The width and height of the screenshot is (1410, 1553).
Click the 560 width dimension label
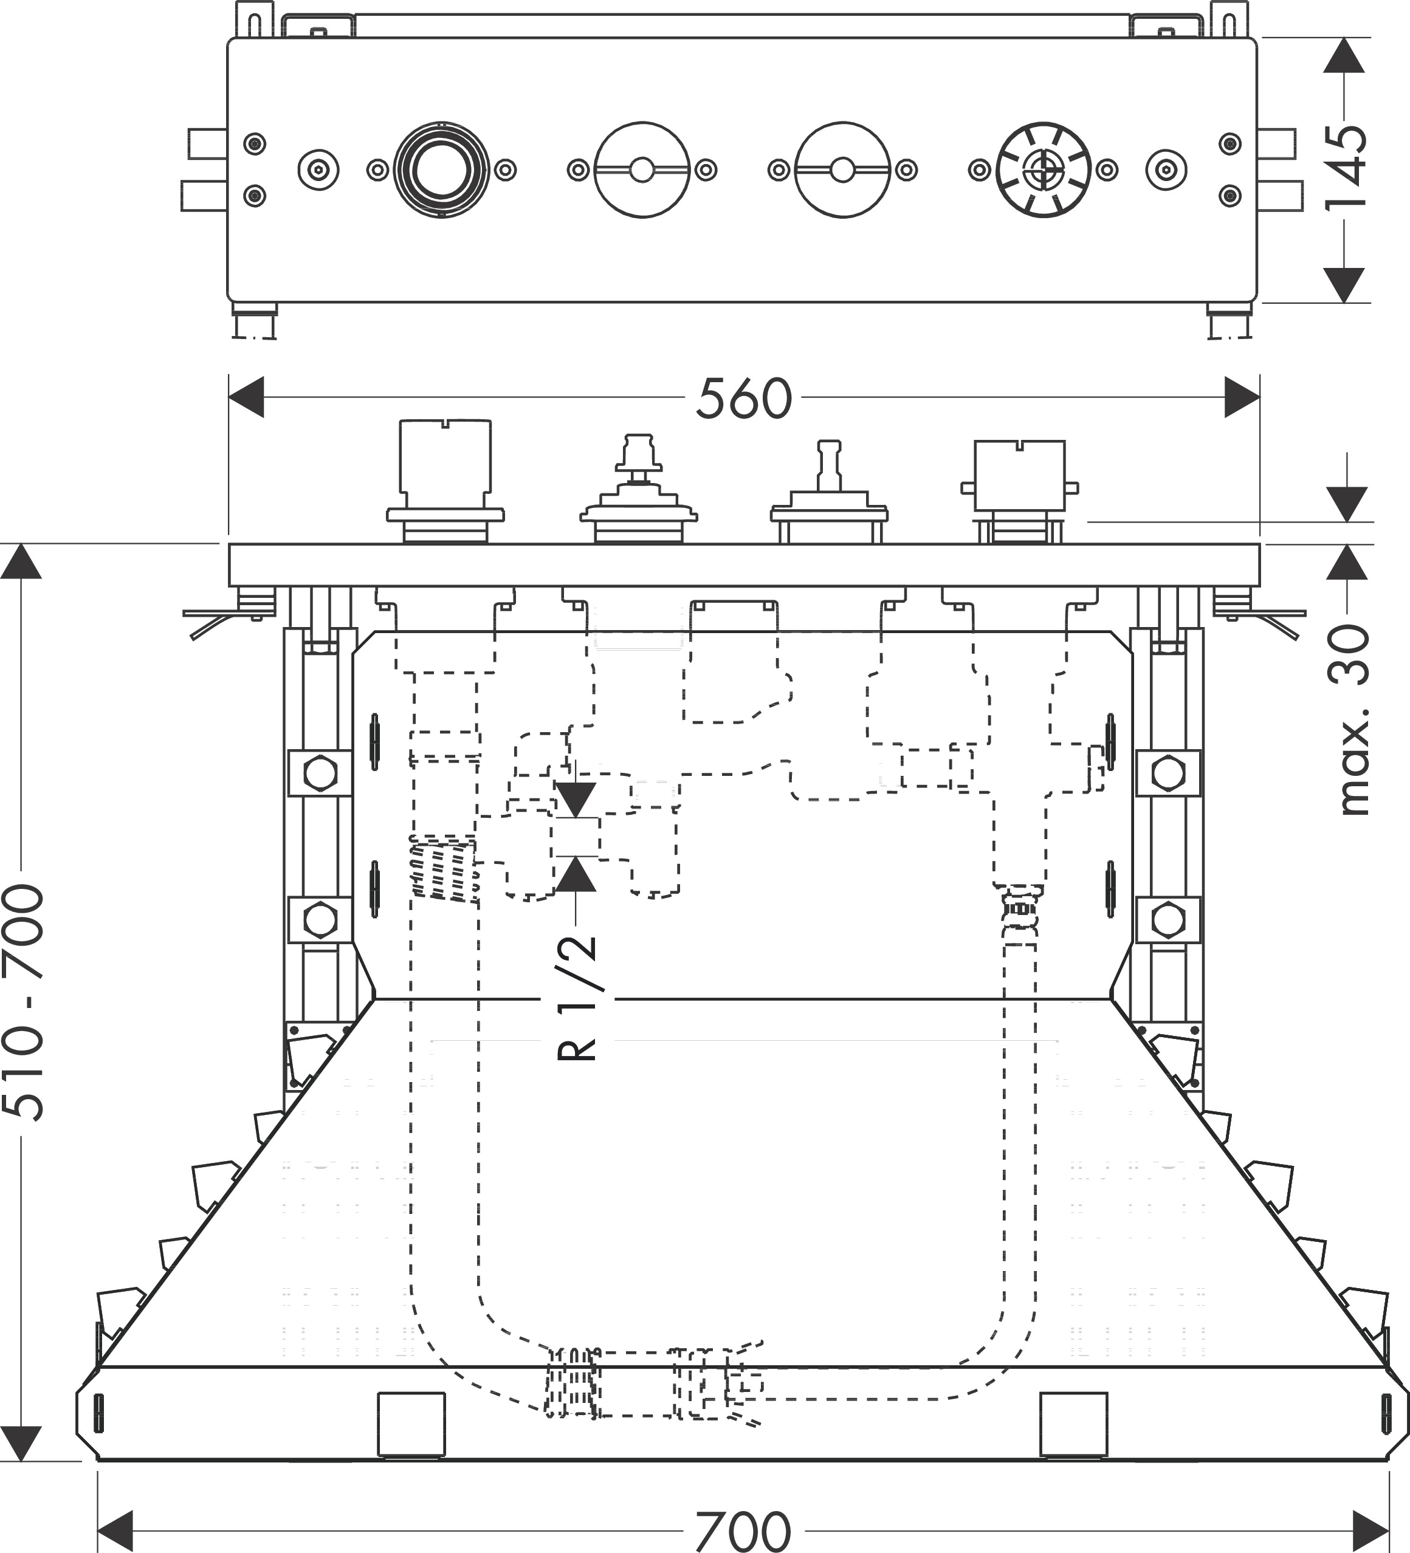tap(743, 398)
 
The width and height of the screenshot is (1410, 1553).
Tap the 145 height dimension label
tap(1346, 167)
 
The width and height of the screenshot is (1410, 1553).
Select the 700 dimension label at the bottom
tap(743, 1531)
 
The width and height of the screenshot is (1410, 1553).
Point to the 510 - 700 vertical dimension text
tap(23, 1001)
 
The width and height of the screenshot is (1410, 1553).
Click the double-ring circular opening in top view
tap(441, 170)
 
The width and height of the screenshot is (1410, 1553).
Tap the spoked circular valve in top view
tap(1044, 170)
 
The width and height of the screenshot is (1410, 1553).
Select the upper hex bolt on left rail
tap(320, 773)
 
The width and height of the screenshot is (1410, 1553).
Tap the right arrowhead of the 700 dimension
tap(1372, 1530)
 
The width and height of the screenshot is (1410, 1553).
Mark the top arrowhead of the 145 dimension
tap(1344, 55)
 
